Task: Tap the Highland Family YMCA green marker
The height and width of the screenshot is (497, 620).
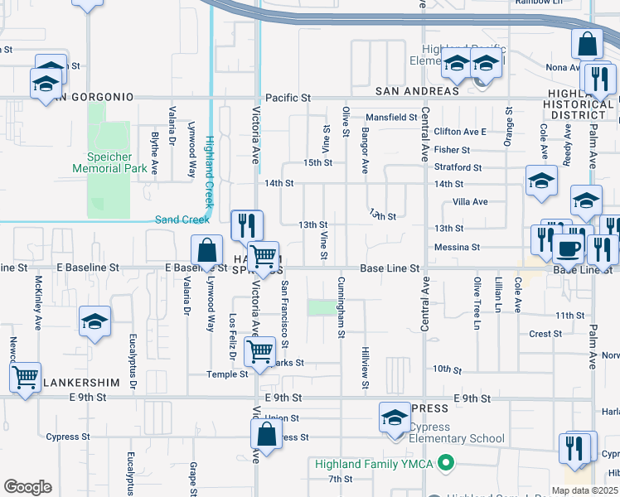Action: tap(447, 463)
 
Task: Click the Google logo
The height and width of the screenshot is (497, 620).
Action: tap(27, 486)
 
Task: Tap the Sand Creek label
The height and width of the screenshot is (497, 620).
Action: tap(182, 220)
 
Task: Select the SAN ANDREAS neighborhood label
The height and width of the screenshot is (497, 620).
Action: tap(417, 90)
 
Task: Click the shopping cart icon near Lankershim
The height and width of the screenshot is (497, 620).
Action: tap(25, 377)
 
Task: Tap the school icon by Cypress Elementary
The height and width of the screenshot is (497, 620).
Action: tap(395, 417)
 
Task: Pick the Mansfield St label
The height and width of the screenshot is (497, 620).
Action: tap(392, 118)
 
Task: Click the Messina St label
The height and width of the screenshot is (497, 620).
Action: tap(458, 247)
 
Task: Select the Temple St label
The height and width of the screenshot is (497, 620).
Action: tap(227, 374)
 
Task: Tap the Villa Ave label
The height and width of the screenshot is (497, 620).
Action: tap(470, 201)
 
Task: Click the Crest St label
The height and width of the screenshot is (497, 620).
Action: tap(545, 334)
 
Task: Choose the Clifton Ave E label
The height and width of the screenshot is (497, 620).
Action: tap(460, 132)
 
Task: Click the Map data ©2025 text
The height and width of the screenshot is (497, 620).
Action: tap(584, 490)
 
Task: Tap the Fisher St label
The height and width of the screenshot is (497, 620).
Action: tap(452, 150)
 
